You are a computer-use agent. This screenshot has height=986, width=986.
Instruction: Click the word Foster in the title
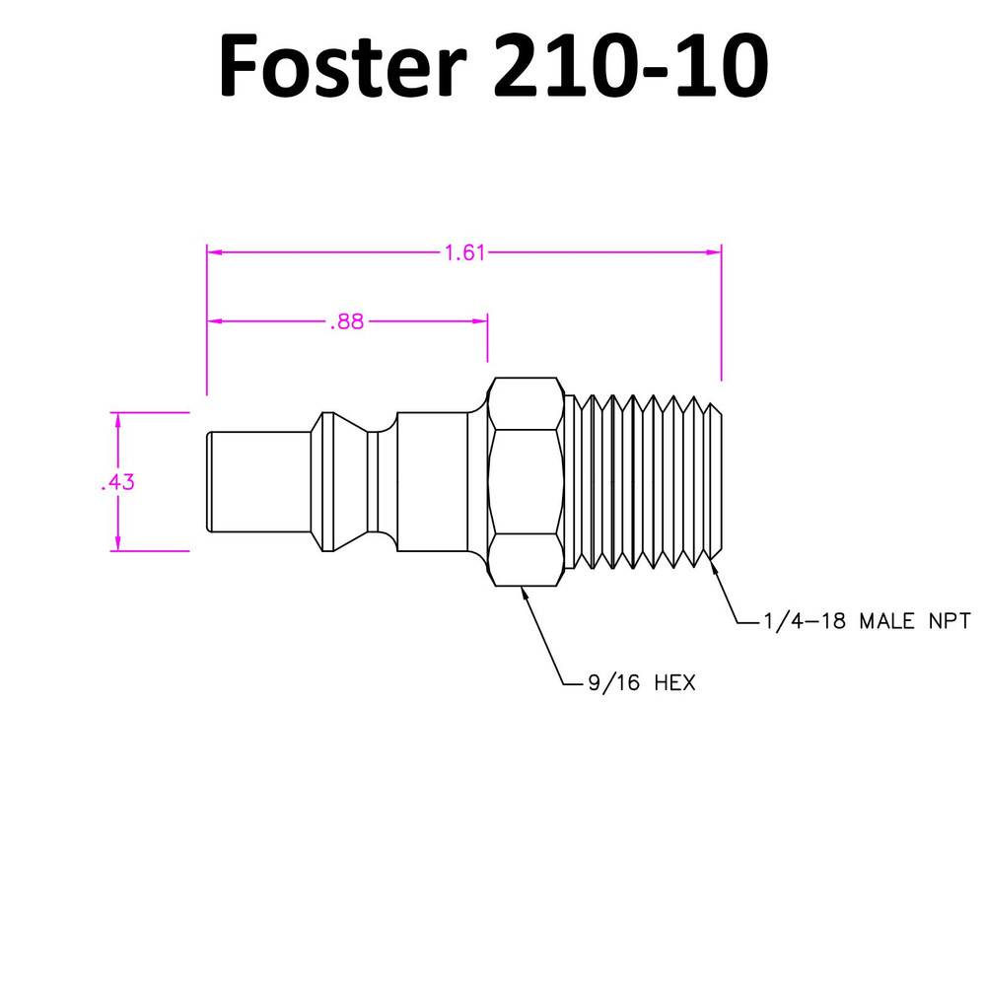343,65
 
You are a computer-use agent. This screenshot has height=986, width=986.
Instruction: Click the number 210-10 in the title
631,65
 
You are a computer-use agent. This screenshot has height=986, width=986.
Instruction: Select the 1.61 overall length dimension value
464,252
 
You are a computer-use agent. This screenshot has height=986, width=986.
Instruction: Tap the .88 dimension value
347,322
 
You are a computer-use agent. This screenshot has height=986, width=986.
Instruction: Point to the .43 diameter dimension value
117,482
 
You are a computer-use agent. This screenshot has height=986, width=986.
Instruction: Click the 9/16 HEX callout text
642,683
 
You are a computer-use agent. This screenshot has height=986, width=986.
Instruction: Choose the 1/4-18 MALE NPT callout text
867,621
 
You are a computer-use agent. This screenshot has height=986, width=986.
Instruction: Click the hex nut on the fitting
526,482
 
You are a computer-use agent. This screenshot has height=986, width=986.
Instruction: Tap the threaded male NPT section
643,482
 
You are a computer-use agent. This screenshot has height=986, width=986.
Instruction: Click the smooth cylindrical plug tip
259,482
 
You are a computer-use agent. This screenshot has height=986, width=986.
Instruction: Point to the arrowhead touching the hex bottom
525,593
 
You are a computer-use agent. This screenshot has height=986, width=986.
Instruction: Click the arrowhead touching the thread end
715,567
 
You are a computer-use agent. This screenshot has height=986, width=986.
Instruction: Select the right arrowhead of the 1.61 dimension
714,252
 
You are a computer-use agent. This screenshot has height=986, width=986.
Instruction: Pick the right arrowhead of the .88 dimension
480,321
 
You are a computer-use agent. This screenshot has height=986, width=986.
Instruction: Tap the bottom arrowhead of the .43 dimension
117,543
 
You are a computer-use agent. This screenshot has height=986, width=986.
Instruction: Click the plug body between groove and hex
434,482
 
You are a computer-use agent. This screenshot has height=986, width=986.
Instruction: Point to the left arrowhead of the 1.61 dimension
215,252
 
